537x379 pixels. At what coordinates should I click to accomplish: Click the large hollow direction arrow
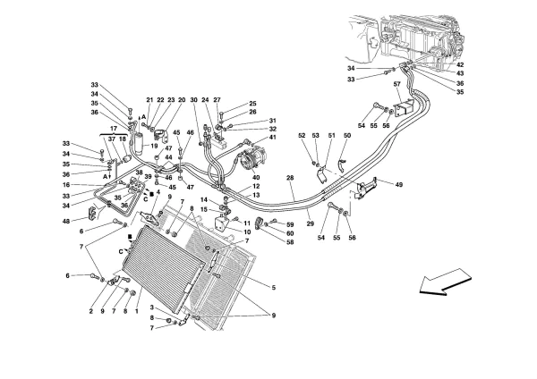[x=445, y=282]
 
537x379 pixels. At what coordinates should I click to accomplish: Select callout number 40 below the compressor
[x=256, y=177]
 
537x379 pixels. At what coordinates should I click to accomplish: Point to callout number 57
[x=396, y=83]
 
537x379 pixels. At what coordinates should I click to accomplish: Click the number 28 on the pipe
[x=290, y=178]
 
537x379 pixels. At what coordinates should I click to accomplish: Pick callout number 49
[x=398, y=185]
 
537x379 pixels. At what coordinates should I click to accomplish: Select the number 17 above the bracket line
[x=114, y=129]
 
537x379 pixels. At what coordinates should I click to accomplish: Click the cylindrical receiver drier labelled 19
[x=139, y=144]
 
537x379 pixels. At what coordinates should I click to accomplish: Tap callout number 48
[x=66, y=222]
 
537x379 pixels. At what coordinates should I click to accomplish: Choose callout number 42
[x=460, y=64]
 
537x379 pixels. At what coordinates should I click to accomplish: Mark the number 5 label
[x=274, y=288]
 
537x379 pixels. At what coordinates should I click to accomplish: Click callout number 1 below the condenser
[x=136, y=311]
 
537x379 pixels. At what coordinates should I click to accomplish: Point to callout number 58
[x=290, y=242]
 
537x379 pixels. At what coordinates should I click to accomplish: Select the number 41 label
[x=272, y=138]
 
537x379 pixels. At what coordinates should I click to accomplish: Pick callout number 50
[x=347, y=136]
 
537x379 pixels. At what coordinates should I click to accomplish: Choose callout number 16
[x=66, y=185]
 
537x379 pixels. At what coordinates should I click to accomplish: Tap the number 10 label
[x=247, y=232]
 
